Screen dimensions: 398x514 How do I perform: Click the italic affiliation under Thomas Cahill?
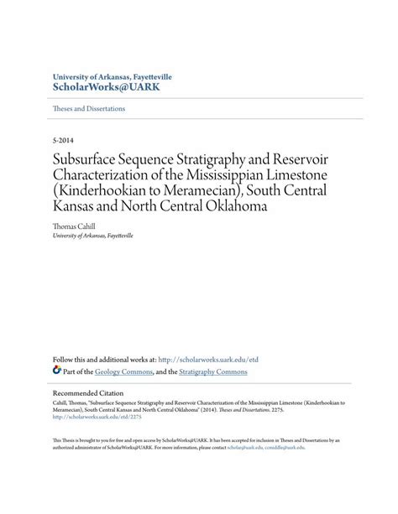coord(92,236)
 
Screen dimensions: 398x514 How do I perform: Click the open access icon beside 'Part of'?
coord(56,370)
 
